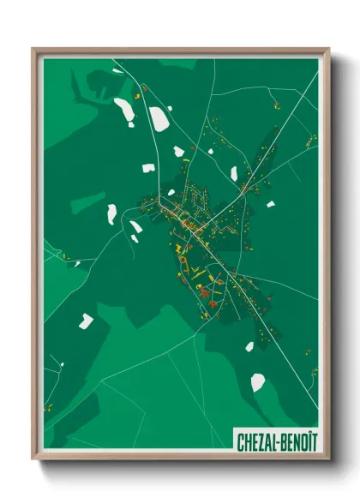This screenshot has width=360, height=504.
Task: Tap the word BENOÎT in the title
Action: point(297,441)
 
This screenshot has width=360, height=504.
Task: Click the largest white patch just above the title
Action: point(258,382)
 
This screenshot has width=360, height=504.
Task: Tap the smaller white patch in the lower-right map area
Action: point(249,347)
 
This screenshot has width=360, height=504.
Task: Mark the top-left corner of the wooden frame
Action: point(33,50)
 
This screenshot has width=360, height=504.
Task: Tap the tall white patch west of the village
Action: point(111,214)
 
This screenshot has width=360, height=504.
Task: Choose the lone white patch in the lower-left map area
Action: point(85,321)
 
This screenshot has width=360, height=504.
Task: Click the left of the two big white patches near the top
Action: point(124,109)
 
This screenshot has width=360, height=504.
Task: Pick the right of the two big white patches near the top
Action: point(159,118)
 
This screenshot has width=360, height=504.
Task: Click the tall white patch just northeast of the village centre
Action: point(233,174)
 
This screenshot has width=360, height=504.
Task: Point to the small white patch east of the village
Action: point(270,204)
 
